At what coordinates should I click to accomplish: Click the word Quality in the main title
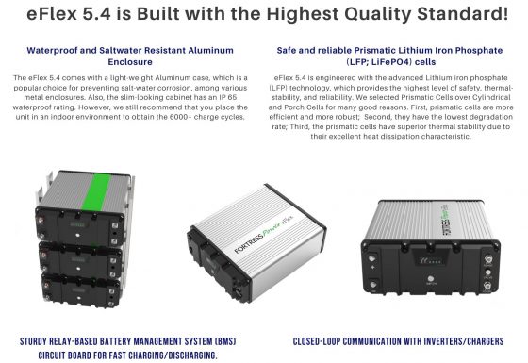click(x=378, y=14)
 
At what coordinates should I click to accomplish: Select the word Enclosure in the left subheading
click(x=130, y=62)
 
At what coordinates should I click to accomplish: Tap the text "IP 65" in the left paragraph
click(x=227, y=97)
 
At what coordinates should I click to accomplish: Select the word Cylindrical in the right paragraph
click(x=491, y=97)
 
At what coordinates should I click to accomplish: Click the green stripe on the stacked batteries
click(x=99, y=192)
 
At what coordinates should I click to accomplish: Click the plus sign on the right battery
click(x=373, y=267)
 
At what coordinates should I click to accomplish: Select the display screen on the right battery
click(x=429, y=260)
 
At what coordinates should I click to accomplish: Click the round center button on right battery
click(x=430, y=278)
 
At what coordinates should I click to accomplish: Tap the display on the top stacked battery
click(x=77, y=224)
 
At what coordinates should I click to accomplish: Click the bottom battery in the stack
click(x=81, y=290)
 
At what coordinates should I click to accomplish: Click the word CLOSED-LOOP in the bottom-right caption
click(x=316, y=341)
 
